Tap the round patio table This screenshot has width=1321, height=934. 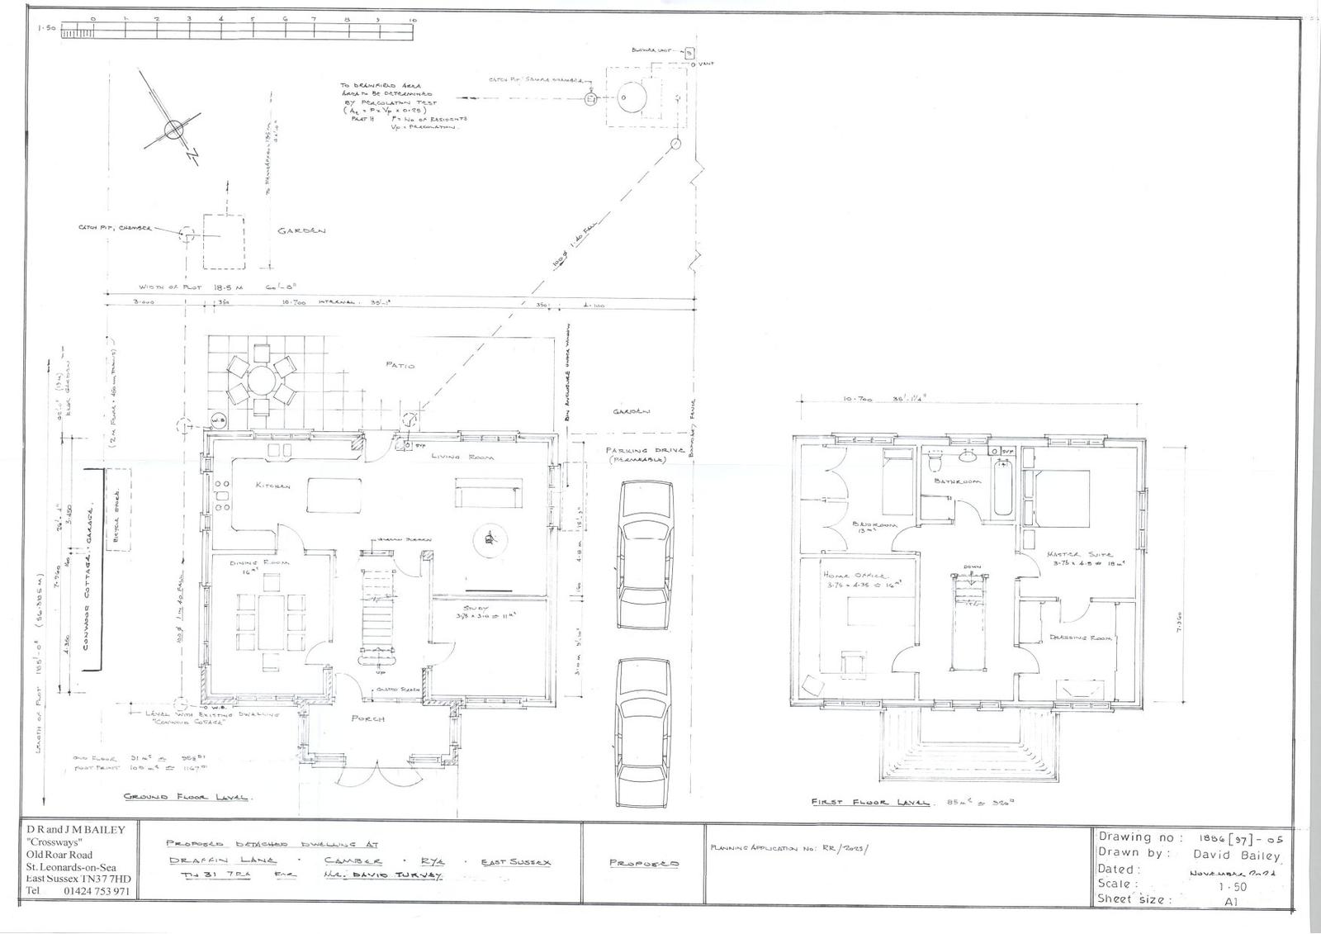click(263, 382)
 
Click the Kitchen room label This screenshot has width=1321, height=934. click(272, 486)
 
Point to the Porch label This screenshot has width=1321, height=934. click(368, 719)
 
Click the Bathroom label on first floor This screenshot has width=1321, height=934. click(958, 481)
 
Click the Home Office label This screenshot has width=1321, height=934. click(853, 576)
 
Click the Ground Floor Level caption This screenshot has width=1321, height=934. click(188, 798)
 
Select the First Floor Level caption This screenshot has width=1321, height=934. click(869, 802)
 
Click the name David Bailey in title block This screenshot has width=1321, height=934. click(1233, 856)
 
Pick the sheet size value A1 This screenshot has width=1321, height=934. click(1231, 903)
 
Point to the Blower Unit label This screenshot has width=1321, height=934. click(656, 51)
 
